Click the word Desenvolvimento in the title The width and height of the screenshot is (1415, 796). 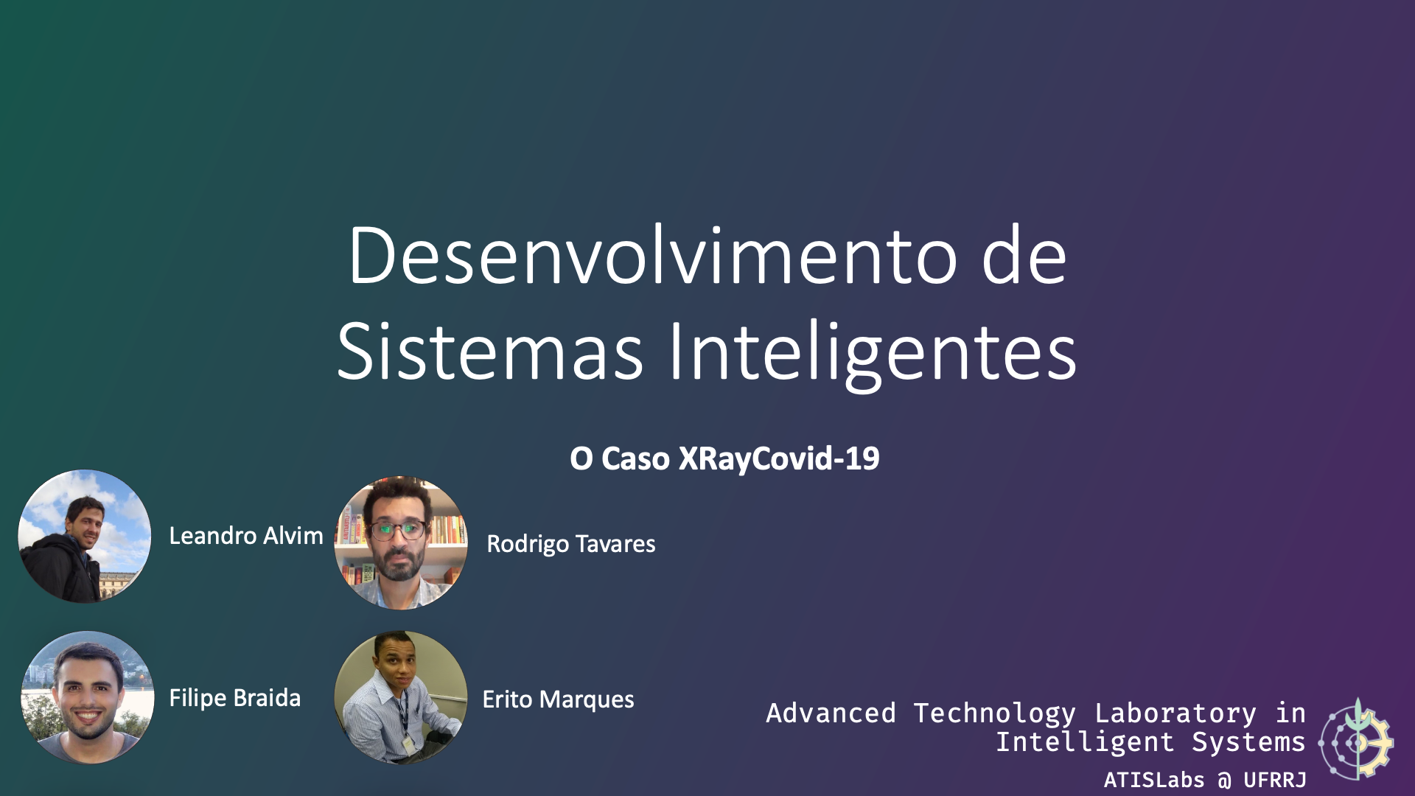coord(653,256)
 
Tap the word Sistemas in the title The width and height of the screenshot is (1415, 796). coord(490,352)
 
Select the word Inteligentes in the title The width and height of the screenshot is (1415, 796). coord(873,355)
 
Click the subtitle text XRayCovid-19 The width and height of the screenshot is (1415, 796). coord(779,458)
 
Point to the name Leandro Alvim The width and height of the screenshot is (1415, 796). coord(246,536)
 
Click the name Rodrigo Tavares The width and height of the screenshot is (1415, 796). coord(571,544)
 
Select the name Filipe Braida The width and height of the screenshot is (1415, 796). coord(235,698)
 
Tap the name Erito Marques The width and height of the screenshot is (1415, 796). coord(558,699)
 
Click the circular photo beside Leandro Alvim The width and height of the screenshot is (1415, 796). coord(85,537)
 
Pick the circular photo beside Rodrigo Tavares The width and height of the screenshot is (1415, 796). coord(401,542)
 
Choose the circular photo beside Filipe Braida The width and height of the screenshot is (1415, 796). coord(88,697)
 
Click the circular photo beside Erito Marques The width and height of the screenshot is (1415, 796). coord(401,697)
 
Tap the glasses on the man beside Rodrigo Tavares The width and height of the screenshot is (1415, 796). coord(399,529)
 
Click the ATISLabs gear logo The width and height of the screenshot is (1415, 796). coord(1356,739)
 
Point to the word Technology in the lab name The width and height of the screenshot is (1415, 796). coord(994,714)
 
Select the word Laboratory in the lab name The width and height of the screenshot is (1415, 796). coord(1175,714)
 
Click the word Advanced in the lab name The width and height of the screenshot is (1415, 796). coord(831,713)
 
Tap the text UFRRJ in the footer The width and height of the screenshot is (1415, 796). coord(1275,780)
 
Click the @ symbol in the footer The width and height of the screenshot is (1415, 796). coord(1224,781)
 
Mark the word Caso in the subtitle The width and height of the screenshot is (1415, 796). coord(635,458)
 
